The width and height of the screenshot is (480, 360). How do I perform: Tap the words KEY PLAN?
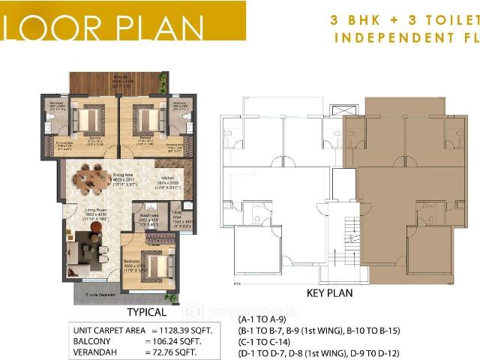click(330, 293)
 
